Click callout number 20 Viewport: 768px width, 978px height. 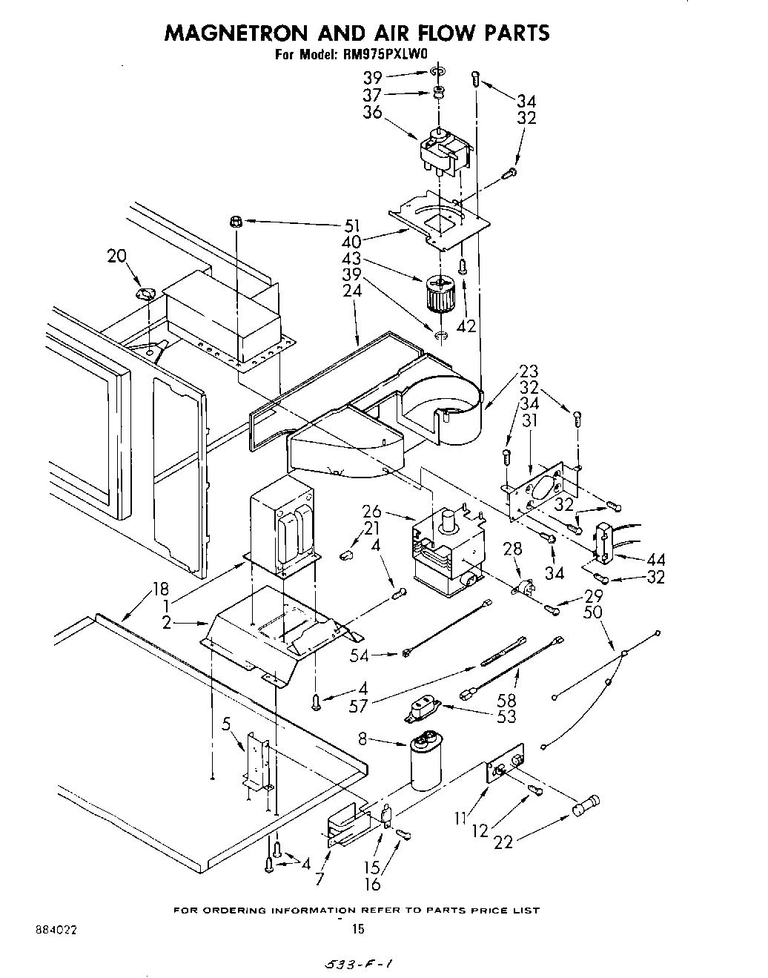pyautogui.click(x=116, y=256)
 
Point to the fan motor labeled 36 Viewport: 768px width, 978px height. pyautogui.click(x=443, y=152)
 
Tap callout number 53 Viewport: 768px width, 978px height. pyautogui.click(x=507, y=716)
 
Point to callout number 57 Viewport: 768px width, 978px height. pyautogui.click(x=358, y=705)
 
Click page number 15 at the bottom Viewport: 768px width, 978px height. pyautogui.click(x=358, y=928)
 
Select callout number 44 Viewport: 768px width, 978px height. pyautogui.click(x=655, y=559)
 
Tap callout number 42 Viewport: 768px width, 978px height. pyautogui.click(x=466, y=326)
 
